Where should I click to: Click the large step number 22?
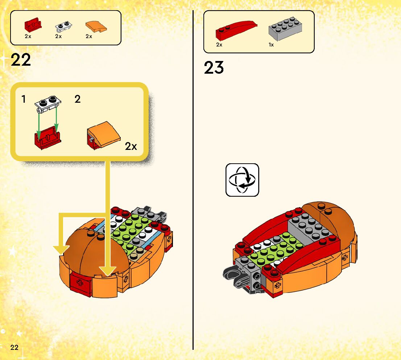[x=21, y=60]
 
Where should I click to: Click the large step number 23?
[x=214, y=67]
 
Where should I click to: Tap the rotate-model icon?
[x=242, y=180]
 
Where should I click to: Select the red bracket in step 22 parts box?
[x=33, y=25]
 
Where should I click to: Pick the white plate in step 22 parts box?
[x=63, y=26]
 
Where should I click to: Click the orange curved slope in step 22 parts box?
[x=96, y=26]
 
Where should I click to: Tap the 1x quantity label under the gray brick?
[x=271, y=45]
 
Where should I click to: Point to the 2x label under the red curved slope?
[x=219, y=45]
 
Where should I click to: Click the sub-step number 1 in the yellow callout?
[x=24, y=99]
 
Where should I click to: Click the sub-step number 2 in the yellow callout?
[x=77, y=99]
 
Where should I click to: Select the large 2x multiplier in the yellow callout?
[x=131, y=146]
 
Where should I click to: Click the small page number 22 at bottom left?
[x=15, y=347]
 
